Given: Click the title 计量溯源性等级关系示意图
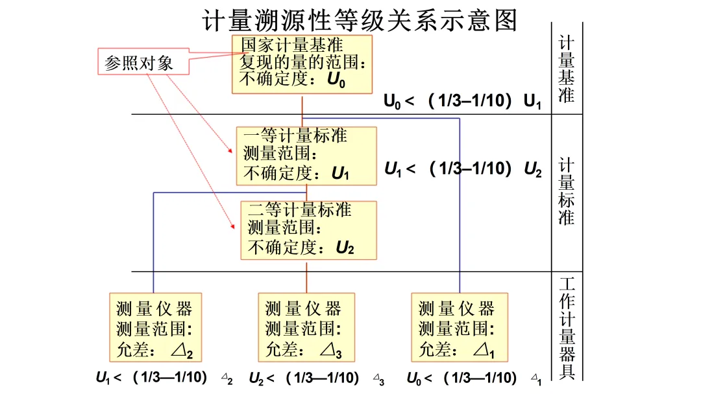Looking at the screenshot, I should (361, 19).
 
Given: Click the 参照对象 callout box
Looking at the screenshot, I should (138, 63).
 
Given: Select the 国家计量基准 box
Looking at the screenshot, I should (302, 64).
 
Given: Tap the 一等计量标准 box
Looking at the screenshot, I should (306, 156).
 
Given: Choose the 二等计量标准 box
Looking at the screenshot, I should (308, 230).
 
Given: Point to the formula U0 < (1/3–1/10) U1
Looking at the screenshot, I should (462, 101).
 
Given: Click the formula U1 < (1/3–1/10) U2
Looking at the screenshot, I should (462, 170).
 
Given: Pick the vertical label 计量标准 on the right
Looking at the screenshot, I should (566, 192).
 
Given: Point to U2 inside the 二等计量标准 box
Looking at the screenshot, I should (345, 248).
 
